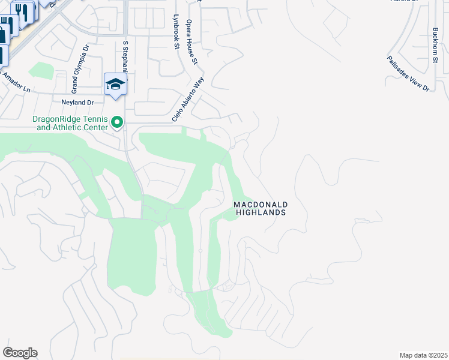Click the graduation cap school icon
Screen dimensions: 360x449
116,84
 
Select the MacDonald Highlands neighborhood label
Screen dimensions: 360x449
260,208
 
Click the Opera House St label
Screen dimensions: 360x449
191,41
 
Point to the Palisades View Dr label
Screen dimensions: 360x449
409,74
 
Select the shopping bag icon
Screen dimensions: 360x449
5,27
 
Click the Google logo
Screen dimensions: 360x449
20,353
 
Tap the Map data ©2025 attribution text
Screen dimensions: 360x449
423,355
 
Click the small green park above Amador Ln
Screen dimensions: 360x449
41,70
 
